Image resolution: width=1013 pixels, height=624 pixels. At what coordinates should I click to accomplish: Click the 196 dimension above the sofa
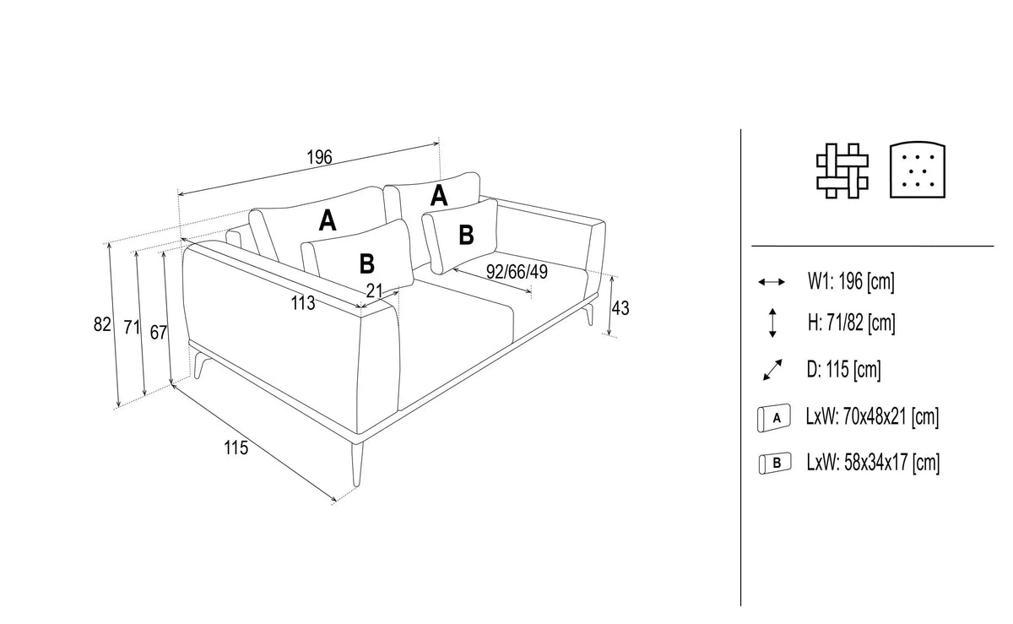point(319,157)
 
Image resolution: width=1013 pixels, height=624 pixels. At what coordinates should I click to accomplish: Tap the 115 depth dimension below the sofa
point(236,448)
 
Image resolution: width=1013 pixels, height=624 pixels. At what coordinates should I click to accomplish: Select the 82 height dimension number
point(102,324)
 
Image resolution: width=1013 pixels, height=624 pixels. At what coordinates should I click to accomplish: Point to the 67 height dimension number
point(159,333)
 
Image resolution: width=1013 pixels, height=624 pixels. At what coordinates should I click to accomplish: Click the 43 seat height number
point(620,308)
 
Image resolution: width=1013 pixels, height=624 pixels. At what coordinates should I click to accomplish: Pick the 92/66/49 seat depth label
point(517,272)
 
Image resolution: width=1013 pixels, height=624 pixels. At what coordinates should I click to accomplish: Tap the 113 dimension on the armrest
point(302,303)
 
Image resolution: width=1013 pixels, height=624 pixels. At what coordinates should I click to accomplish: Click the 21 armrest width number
point(375,290)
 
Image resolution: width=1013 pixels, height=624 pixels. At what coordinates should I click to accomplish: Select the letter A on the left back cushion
point(328,221)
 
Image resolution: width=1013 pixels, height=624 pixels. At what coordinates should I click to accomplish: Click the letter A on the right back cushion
point(439,196)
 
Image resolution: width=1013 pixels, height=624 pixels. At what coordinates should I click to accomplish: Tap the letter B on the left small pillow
point(366,263)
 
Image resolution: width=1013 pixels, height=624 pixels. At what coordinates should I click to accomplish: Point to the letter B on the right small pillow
point(466,235)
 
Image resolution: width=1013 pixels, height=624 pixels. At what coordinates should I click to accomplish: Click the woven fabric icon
point(842,171)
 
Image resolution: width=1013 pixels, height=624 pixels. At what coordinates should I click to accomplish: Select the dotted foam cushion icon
point(918,170)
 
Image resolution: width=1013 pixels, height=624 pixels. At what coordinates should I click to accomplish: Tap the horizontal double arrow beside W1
point(772,282)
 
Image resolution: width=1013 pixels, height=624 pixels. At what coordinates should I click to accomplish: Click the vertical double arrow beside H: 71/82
point(772,323)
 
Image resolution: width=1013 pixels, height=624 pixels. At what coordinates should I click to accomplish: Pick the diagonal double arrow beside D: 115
point(772,370)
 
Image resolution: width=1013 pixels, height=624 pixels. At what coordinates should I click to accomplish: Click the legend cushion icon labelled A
point(774,418)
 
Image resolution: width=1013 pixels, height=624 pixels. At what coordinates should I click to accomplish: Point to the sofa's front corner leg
point(357,464)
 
